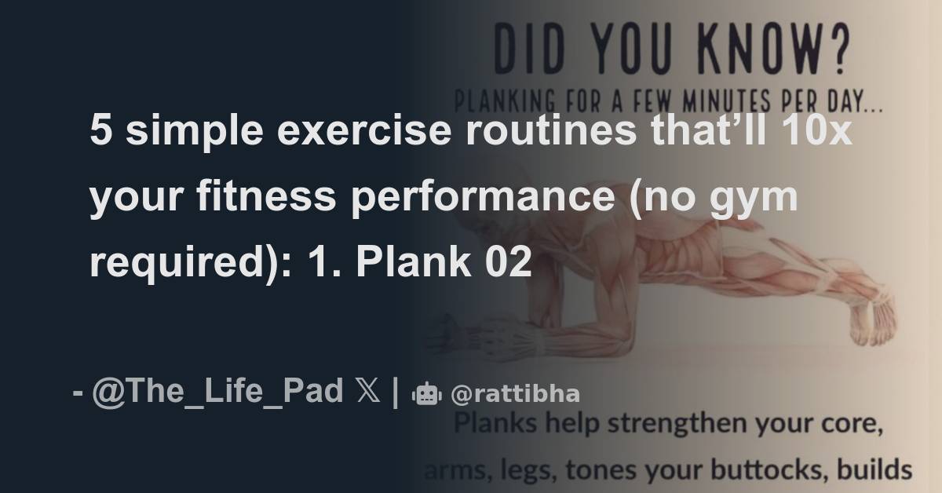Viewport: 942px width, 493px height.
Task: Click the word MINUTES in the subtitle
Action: (x=725, y=102)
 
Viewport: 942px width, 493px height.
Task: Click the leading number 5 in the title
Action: (x=99, y=131)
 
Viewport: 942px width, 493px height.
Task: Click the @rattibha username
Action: (x=516, y=393)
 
